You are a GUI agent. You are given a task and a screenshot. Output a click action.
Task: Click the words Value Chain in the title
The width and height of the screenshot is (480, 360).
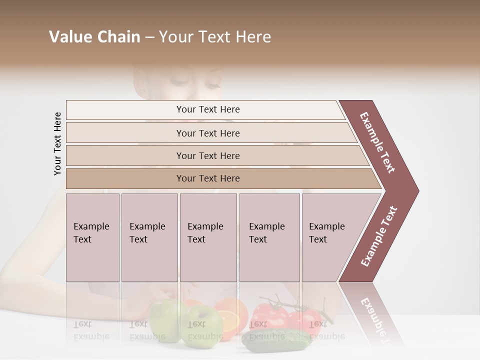pos(94,37)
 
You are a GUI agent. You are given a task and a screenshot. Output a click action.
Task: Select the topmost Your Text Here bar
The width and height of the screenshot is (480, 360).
pos(207,109)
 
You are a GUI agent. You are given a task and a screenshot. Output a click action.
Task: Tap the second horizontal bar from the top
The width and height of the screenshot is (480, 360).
pos(207,133)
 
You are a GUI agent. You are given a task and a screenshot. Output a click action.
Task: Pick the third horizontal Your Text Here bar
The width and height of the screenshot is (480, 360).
pos(207,155)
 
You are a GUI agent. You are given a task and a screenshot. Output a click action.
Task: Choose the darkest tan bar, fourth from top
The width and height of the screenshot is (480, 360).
pos(207,178)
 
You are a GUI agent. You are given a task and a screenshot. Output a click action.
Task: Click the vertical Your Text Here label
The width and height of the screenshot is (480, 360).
pos(57,143)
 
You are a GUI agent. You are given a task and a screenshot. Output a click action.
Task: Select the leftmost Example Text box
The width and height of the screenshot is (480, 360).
pos(92,237)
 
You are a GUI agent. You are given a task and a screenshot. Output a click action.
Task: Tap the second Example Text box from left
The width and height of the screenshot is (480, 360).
pos(149,237)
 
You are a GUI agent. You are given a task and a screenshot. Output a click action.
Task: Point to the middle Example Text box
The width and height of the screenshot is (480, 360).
pos(208,237)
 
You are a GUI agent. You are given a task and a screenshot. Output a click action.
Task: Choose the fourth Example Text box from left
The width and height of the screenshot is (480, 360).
pos(269,237)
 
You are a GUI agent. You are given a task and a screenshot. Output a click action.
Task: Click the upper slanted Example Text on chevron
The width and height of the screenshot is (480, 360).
pos(377,142)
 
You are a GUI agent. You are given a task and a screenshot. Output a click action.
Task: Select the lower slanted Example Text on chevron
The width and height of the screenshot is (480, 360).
pos(379,236)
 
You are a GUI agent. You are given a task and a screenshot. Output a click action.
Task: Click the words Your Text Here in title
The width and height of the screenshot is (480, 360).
pos(215,37)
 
